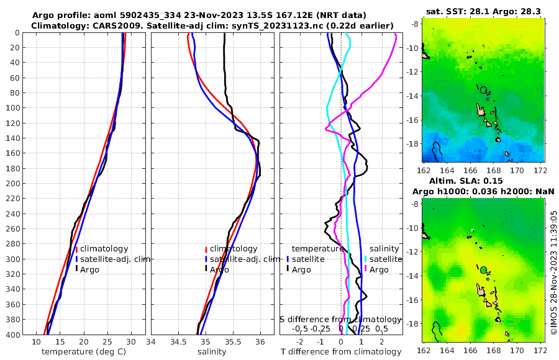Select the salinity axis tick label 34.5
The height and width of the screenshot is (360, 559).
(178, 342)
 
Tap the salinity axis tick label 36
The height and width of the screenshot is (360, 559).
(260, 342)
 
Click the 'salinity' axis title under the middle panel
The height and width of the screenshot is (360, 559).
(211, 352)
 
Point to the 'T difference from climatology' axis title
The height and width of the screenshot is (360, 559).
(341, 352)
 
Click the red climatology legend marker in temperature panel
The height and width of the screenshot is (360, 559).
(76, 249)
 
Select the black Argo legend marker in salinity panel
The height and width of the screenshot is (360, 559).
(206, 269)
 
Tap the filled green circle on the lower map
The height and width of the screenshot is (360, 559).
(483, 269)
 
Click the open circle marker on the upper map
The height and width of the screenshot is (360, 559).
(483, 90)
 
